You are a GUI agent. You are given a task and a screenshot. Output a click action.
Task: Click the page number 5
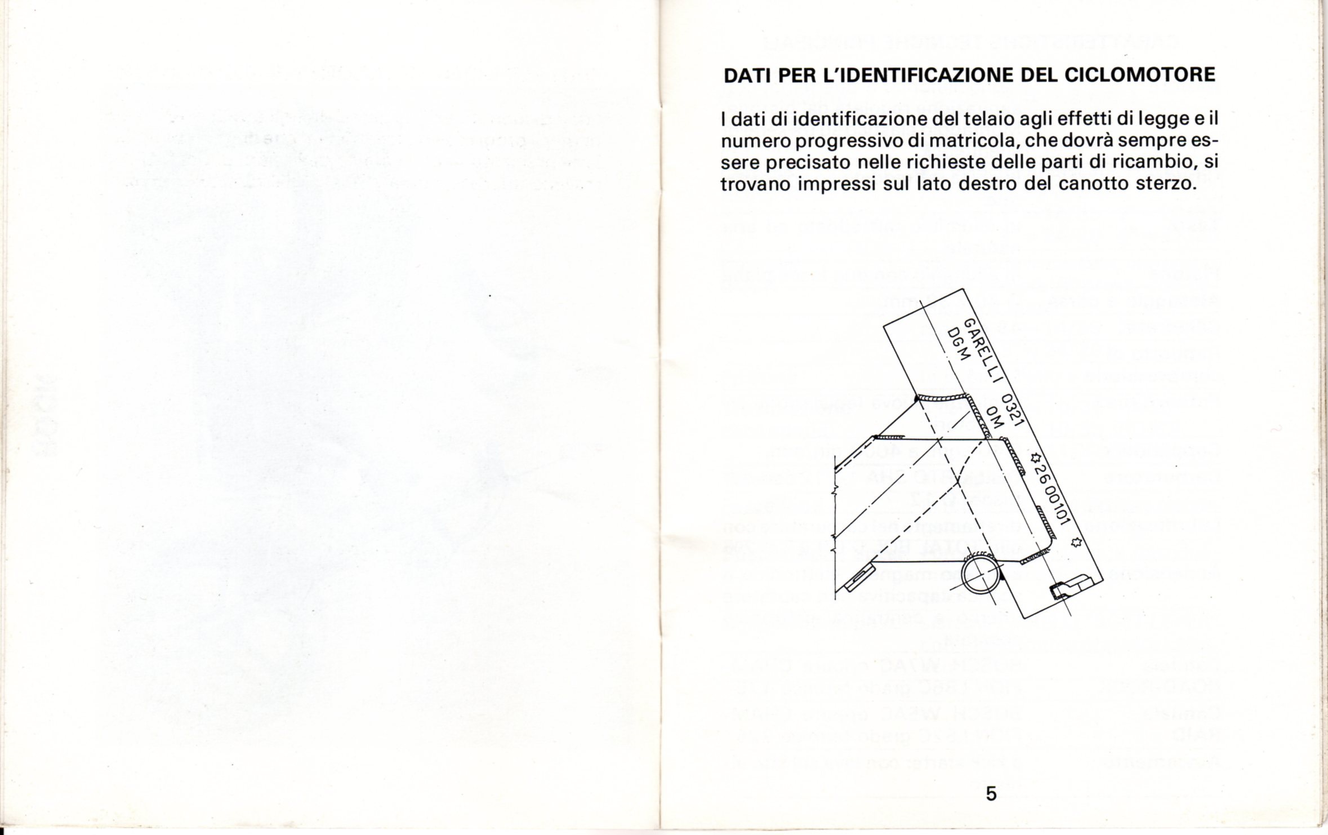point(992,794)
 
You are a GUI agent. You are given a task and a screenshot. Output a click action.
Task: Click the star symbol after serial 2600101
point(1076,543)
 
